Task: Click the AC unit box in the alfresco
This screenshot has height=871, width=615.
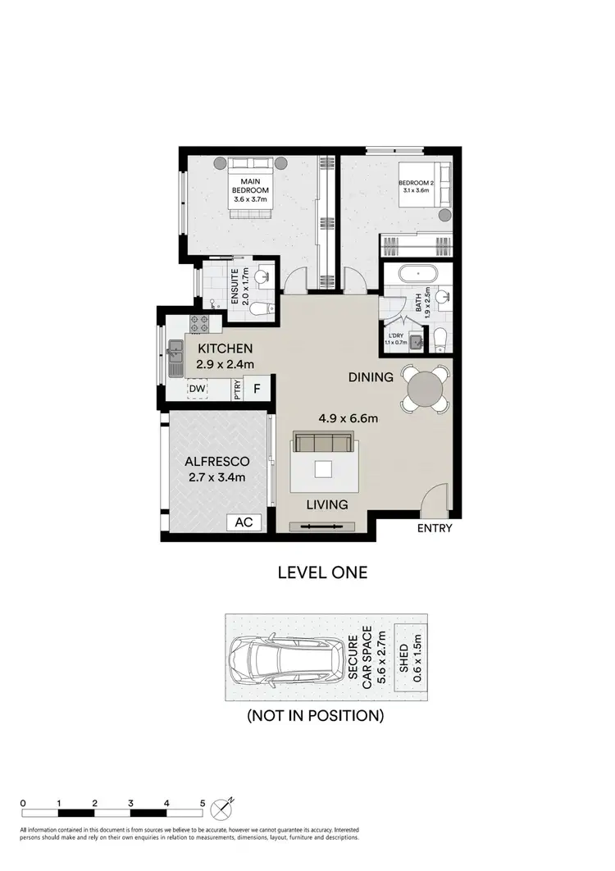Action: click(243, 522)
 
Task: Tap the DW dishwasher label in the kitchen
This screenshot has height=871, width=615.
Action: click(197, 388)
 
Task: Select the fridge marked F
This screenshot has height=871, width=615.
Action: click(256, 388)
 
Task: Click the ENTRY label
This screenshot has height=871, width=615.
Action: click(434, 528)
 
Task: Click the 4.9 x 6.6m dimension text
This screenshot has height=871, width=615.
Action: click(348, 418)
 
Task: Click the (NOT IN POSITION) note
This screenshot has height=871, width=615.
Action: click(316, 715)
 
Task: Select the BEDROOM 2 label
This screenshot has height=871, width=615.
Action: click(415, 183)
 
